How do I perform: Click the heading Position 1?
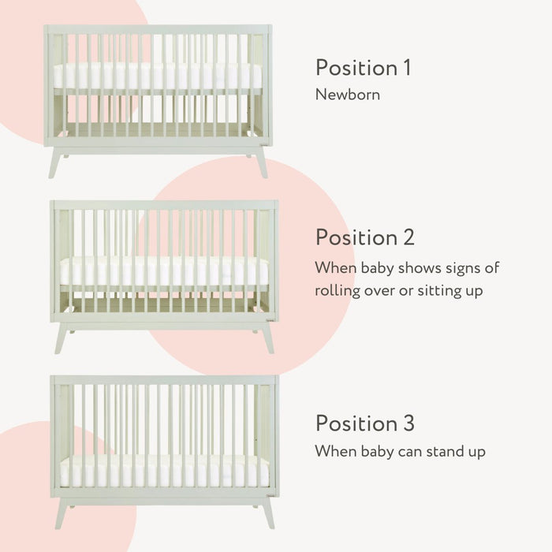363,68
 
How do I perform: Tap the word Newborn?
348,95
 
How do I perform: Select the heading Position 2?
365,237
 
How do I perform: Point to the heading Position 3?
365,423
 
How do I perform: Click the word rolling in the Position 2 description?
338,289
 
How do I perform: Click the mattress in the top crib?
158,76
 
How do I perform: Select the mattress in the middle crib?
164,271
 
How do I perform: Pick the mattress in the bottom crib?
164,471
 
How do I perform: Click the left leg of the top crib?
55,162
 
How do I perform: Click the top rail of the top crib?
158,29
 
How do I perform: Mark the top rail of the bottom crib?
164,380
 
